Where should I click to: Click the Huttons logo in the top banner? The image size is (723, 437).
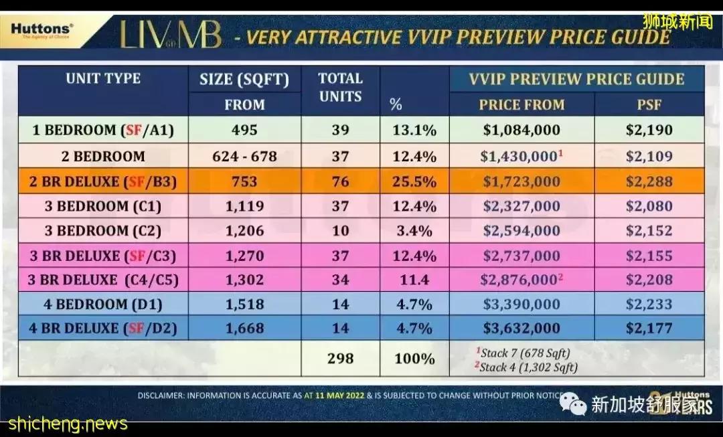point(42,31)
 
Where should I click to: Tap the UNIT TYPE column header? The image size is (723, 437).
point(103,78)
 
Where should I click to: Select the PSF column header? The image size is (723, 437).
point(649,104)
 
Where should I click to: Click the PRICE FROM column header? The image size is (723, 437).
point(521,104)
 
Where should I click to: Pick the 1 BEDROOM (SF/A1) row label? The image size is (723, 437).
point(103,130)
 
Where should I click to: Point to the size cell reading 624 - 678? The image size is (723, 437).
point(244,156)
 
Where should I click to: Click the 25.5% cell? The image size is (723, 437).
point(414,181)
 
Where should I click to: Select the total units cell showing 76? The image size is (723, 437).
point(340,181)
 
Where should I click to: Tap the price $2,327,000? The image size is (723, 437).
point(521,206)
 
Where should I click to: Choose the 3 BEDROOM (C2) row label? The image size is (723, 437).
point(103,231)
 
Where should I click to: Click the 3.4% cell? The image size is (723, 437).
point(414,231)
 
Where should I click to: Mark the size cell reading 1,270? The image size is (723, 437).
point(244,255)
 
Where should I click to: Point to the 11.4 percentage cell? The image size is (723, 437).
point(414,280)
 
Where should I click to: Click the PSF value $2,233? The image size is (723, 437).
point(649,304)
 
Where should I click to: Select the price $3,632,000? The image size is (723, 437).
point(521,329)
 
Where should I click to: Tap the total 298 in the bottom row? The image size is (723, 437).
point(340,358)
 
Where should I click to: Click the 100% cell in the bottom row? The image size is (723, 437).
point(414,358)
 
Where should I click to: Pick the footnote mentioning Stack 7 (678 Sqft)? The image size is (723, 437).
point(523,353)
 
